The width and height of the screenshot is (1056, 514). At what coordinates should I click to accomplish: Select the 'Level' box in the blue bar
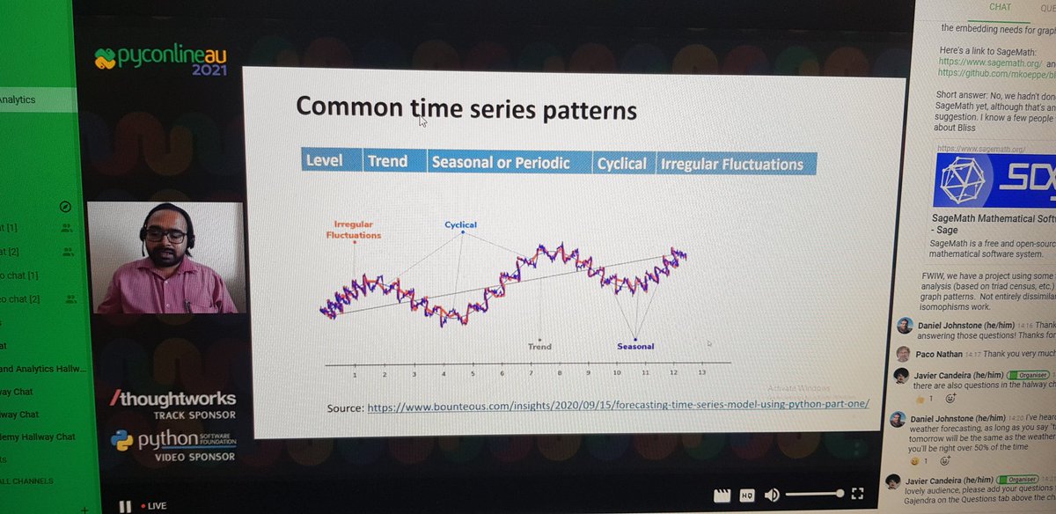pyautogui.click(x=323, y=161)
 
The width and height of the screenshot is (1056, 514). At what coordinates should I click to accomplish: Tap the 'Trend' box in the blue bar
pyautogui.click(x=388, y=161)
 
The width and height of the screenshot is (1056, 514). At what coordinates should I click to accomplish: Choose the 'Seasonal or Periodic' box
pyautogui.click(x=500, y=163)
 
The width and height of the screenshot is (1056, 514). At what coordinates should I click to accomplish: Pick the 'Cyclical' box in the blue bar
pyautogui.click(x=621, y=164)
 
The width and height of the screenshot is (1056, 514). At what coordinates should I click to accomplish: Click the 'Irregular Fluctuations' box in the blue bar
pyautogui.click(x=731, y=165)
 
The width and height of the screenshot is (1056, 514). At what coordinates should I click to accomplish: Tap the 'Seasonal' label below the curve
pyautogui.click(x=634, y=346)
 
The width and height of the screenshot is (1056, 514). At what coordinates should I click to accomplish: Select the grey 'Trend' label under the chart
pyautogui.click(x=539, y=346)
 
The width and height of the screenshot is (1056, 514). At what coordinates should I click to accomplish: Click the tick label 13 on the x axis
pyautogui.click(x=700, y=373)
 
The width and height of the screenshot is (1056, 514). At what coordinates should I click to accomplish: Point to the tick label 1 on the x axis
pyautogui.click(x=355, y=374)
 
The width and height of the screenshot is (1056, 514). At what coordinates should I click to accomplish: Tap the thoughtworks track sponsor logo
pyautogui.click(x=172, y=404)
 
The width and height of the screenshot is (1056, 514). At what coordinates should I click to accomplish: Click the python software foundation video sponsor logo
pyautogui.click(x=172, y=444)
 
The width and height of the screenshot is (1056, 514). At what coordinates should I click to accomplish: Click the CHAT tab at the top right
pyautogui.click(x=1001, y=7)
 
